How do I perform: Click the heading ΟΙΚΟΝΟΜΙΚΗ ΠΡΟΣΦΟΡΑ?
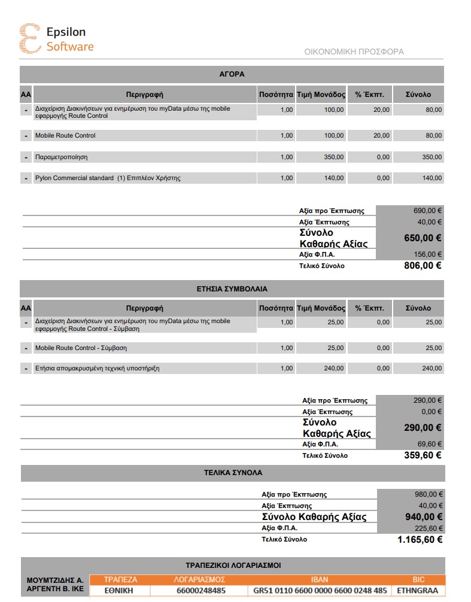point(354,51)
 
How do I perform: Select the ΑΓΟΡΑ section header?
point(232,74)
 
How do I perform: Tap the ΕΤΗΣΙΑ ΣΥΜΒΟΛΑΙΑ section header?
point(232,288)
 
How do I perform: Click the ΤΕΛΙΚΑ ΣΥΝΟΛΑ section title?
point(233,472)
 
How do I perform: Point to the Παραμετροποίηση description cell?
point(62,157)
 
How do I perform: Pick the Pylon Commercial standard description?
point(108,178)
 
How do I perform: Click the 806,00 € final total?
point(423,266)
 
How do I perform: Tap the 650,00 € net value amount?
point(423,238)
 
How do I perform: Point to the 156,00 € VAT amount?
point(428,254)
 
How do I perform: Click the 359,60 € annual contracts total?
point(423,455)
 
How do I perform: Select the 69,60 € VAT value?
point(430,444)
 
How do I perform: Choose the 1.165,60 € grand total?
point(420,539)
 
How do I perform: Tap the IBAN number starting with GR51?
point(320,591)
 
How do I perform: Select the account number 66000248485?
point(200,591)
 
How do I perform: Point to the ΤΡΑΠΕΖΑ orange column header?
point(120,579)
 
